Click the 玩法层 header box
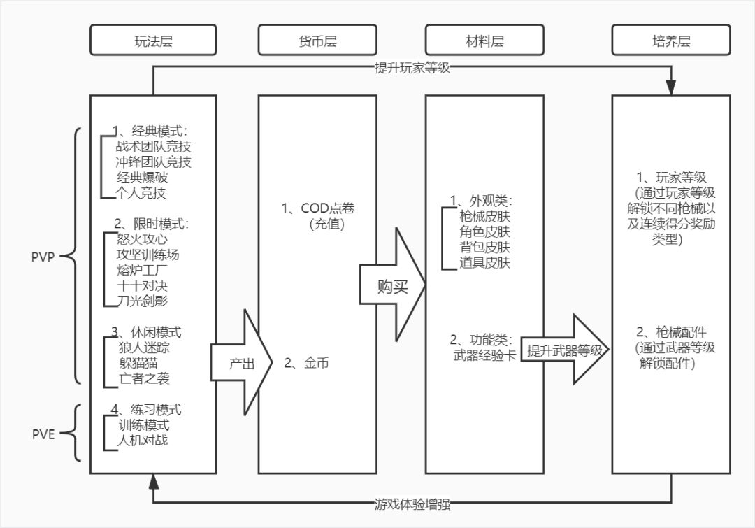click(x=152, y=41)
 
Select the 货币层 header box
click(x=317, y=41)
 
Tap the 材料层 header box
click(x=485, y=41)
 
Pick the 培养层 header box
click(x=670, y=41)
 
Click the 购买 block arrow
click(x=391, y=287)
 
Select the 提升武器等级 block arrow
click(x=565, y=350)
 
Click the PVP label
click(x=43, y=256)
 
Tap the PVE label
click(x=43, y=433)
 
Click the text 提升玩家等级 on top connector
click(x=416, y=69)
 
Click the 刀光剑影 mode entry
click(x=144, y=301)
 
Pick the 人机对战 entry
click(x=144, y=441)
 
